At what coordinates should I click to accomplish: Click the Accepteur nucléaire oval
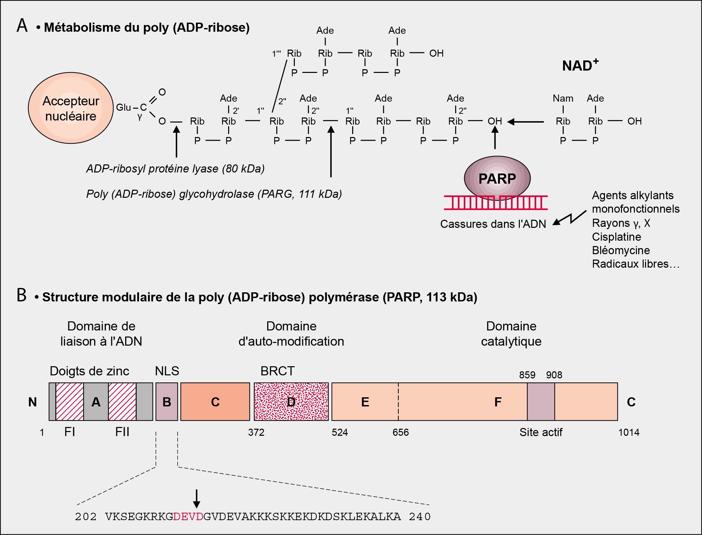click(71, 108)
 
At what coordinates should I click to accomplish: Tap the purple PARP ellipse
click(497, 178)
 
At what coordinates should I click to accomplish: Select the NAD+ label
click(580, 65)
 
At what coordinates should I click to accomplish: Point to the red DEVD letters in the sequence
click(188, 517)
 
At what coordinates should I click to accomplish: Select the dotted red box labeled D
click(291, 402)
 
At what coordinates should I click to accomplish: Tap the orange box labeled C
click(215, 402)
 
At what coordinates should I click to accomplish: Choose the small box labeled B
click(167, 402)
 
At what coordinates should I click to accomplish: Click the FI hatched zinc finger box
click(69, 402)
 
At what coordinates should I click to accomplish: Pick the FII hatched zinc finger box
click(122, 402)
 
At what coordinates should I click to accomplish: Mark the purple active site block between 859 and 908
click(541, 402)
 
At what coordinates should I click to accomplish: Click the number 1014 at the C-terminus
click(628, 432)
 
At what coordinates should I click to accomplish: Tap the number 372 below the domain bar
click(256, 432)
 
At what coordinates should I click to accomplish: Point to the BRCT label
click(277, 371)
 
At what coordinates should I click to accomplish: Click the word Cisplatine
click(616, 237)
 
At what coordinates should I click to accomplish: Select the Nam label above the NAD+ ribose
click(563, 98)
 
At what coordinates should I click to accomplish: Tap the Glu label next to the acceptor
click(123, 107)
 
